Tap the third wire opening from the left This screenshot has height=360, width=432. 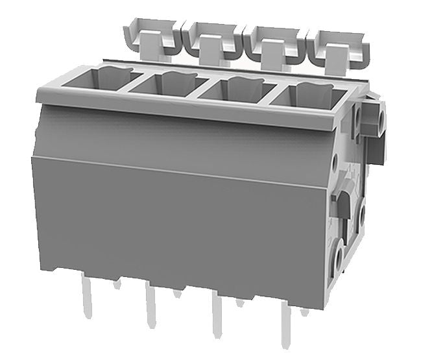click(x=233, y=89)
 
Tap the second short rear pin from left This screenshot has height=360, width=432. click(x=177, y=293)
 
